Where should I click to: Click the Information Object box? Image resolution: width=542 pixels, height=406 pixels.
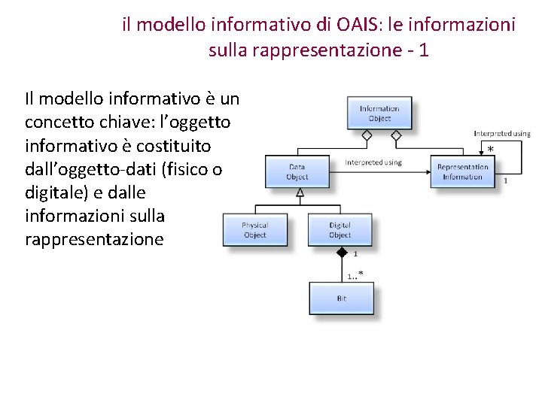379,113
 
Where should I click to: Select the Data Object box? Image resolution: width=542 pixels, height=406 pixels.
297,171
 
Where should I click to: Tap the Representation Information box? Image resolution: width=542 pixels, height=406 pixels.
462,171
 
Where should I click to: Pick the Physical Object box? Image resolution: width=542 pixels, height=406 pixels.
254,230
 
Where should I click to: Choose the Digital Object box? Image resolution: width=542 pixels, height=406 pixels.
340,230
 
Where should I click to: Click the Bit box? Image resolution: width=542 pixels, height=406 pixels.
341,298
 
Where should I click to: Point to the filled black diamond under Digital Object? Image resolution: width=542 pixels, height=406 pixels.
341,253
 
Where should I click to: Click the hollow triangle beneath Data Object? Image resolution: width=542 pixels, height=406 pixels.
300,193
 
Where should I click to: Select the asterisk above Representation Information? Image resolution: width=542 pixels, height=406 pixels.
491,150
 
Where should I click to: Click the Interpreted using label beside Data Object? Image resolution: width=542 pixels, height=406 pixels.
373,162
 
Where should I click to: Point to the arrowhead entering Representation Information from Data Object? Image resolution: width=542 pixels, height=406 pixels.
427,171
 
